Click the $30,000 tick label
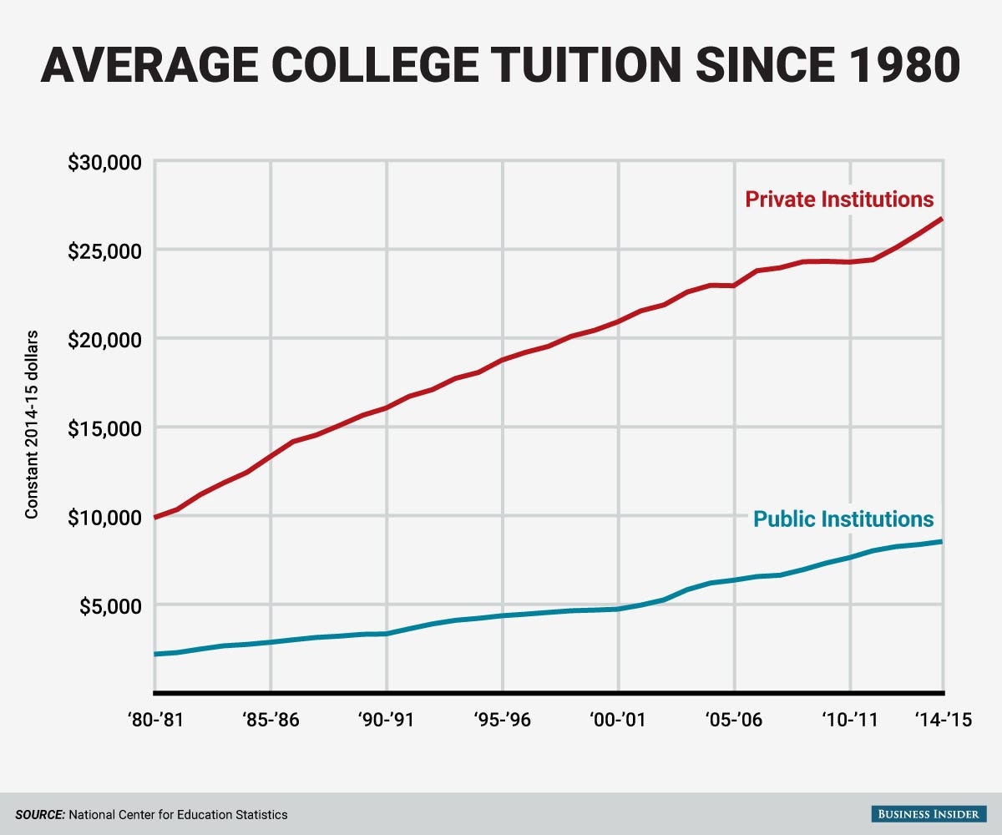point(104,161)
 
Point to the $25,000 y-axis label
point(104,250)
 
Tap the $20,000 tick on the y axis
point(104,338)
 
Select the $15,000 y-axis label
point(104,428)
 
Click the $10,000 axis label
point(104,516)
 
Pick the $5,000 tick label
point(109,605)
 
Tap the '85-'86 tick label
point(271,719)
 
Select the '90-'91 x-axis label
point(387,719)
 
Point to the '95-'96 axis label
point(502,719)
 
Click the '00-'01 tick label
point(618,719)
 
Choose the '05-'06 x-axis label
point(734,719)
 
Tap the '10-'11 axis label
point(849,719)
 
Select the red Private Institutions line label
point(839,200)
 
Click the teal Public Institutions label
point(843,519)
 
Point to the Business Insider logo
point(924,813)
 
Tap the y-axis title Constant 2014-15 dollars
point(32,425)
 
